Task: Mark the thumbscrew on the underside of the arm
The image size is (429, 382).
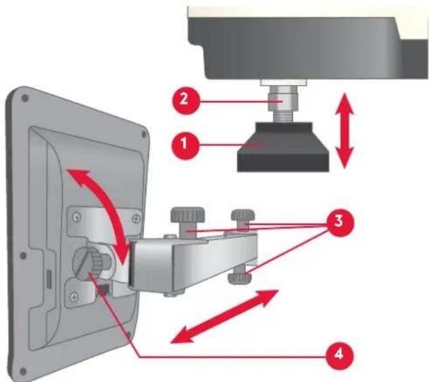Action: [238, 277]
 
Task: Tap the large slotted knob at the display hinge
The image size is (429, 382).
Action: [92, 264]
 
